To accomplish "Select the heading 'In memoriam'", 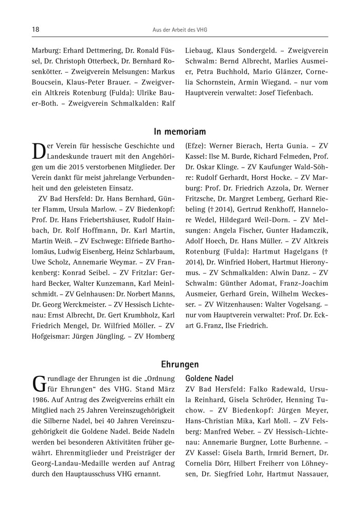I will pos(180,132).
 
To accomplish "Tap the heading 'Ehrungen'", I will pos(180,365).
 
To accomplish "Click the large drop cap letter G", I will pos(39,385).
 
